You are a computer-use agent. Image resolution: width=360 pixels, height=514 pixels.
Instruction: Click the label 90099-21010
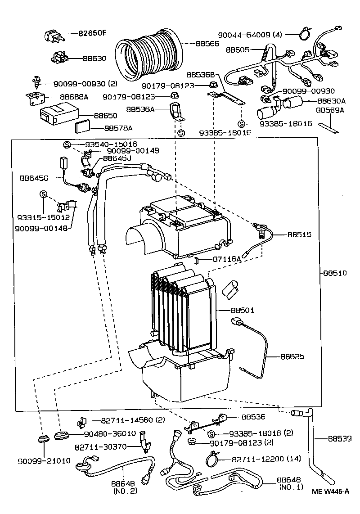(44, 461)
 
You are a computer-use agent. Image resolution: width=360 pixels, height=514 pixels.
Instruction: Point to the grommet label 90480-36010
(110, 433)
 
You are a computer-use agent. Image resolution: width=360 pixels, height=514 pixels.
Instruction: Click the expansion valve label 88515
(299, 234)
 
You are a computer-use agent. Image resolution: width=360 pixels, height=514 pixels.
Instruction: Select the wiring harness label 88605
(238, 50)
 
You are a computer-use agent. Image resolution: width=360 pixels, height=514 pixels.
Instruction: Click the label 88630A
(331, 101)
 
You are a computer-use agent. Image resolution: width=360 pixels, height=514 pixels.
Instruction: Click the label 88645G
(34, 178)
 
